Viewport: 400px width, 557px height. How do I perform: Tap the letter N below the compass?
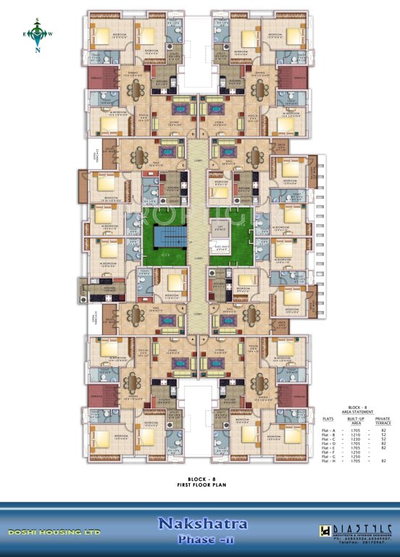coord(40,51)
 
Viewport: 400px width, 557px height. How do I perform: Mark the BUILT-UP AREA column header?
coord(355,421)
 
